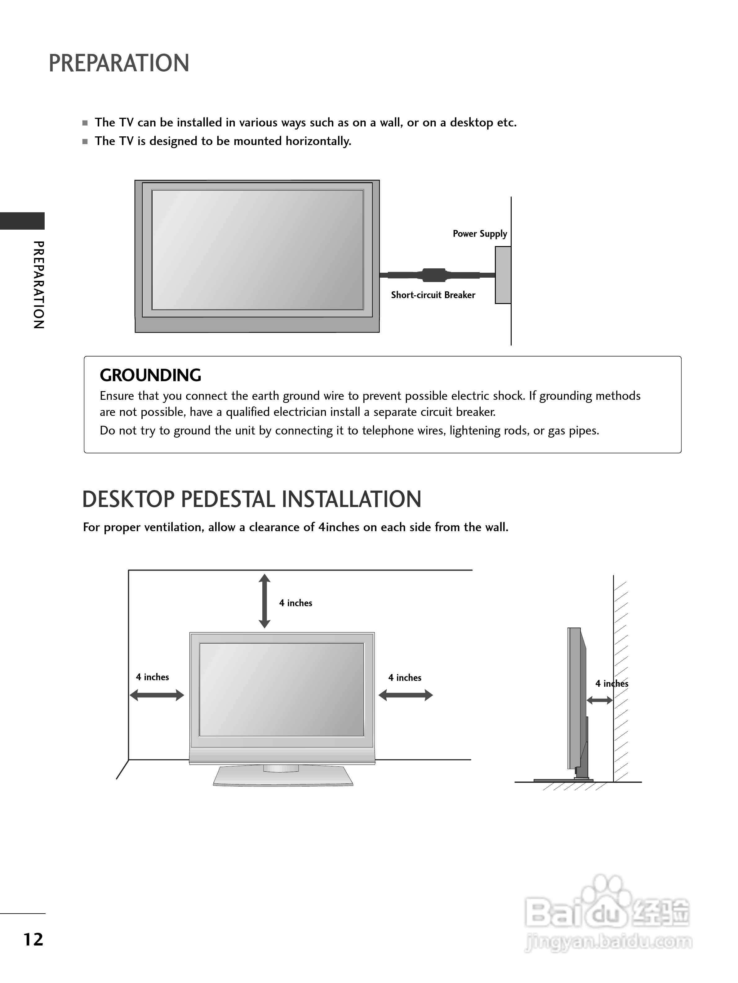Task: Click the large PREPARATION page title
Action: point(119,63)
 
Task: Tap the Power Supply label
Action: point(479,234)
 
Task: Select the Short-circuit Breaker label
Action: point(433,295)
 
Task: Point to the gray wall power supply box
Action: point(503,275)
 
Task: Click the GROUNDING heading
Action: point(150,376)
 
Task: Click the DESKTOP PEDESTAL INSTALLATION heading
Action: point(251,500)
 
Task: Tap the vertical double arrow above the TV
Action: point(265,601)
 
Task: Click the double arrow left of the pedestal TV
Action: point(157,695)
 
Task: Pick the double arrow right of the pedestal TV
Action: point(406,695)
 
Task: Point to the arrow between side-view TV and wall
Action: point(599,700)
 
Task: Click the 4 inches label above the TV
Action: point(295,603)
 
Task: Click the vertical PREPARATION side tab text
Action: point(39,284)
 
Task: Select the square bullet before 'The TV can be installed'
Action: point(85,123)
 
